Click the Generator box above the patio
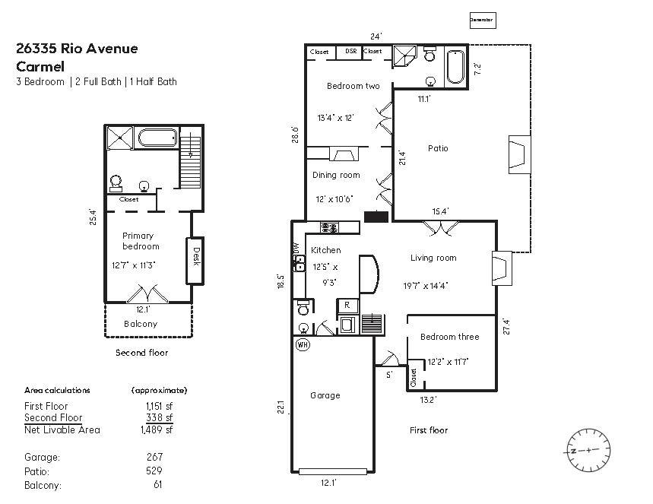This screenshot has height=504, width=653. [481, 20]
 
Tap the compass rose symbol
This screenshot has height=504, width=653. [588, 450]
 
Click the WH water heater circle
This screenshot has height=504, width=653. [303, 344]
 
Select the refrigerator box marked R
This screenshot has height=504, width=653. [347, 306]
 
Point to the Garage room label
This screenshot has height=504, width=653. [325, 395]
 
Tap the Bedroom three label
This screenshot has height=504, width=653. [449, 337]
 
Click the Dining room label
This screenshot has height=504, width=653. [336, 176]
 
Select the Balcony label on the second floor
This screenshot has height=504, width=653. [141, 324]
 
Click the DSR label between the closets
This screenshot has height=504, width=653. [350, 52]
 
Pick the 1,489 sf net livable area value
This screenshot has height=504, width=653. [157, 430]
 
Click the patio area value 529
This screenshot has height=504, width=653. [154, 471]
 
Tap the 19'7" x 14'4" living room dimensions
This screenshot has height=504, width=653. [426, 286]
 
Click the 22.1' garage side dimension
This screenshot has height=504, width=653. [280, 408]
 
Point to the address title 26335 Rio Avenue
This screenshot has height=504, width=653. [77, 49]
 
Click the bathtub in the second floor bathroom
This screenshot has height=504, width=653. [157, 139]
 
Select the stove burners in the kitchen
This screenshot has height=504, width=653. [329, 227]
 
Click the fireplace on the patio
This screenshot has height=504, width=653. [518, 155]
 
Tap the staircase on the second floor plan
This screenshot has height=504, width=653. [191, 162]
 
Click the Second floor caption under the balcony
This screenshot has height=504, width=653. [141, 353]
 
